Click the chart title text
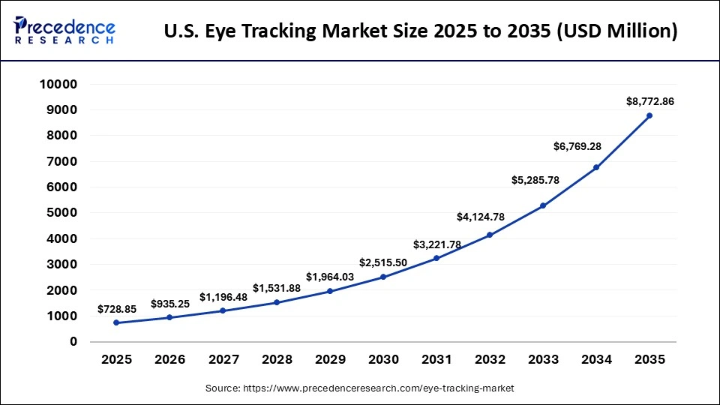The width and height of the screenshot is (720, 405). point(421,31)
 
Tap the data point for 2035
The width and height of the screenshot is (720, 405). point(649,115)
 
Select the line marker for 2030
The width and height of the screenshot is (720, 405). point(382,277)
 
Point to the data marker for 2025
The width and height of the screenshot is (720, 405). point(116,322)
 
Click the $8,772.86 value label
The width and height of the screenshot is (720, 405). point(649,101)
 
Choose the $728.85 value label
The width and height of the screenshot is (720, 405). point(116,309)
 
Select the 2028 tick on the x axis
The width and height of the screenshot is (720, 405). point(276,360)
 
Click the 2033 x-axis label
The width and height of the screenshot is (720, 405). point(542,360)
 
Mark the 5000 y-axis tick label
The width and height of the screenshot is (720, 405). point(61,213)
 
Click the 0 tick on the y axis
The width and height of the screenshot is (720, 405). point(73,342)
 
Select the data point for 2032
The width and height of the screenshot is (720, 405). point(489,235)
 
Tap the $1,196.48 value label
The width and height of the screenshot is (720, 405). point(223,297)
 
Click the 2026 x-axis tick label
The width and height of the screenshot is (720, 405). point(169,360)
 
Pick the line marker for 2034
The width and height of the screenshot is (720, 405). point(596,167)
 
